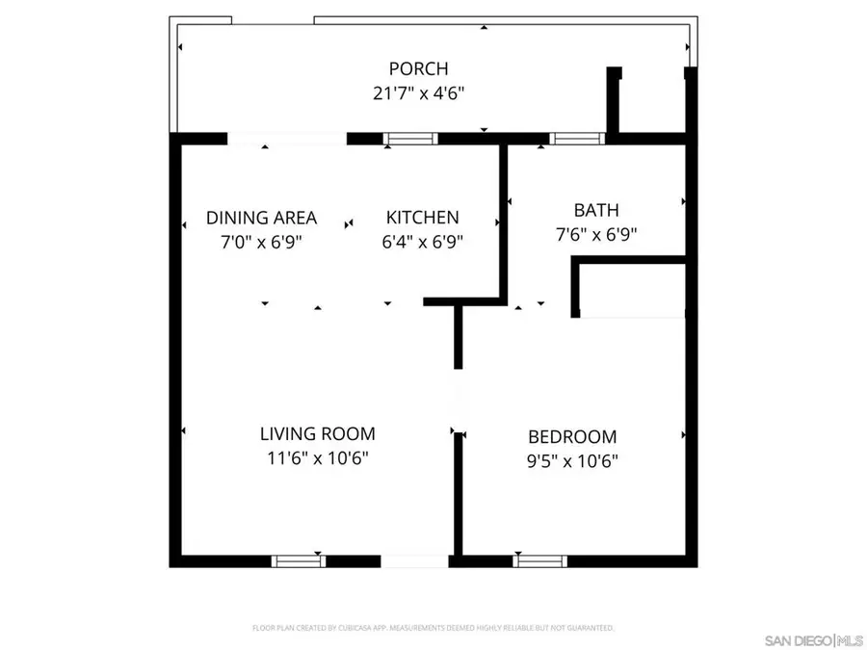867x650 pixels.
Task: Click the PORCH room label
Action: tap(418, 68)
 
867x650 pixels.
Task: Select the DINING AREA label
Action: tap(261, 218)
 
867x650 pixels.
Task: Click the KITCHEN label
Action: tap(422, 218)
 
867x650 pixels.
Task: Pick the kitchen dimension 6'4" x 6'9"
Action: tap(422, 242)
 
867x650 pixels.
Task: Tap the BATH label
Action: tap(595, 210)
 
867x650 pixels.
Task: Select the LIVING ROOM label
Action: tap(317, 434)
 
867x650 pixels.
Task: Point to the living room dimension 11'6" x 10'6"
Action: tap(317, 458)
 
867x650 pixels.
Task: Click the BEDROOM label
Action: tap(572, 436)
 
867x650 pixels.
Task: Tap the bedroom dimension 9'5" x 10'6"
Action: tap(572, 460)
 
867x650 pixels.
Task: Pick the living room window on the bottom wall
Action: tap(299, 560)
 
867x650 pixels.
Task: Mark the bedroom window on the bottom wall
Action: tap(539, 560)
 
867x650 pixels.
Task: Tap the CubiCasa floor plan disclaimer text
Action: tap(433, 628)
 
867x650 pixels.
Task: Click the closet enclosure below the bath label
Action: tap(631, 287)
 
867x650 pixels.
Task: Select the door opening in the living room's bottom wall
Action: tap(414, 560)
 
